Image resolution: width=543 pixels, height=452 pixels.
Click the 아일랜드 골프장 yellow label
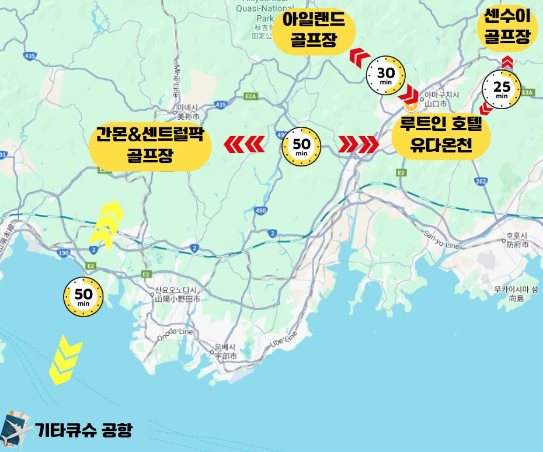pos(314,33)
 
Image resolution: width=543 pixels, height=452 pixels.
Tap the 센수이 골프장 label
pos(507,28)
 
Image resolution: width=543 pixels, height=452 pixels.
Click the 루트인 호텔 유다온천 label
pos(440,135)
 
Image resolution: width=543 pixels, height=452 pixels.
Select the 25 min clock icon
pos(502,89)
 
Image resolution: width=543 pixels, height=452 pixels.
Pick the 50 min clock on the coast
pos(83,297)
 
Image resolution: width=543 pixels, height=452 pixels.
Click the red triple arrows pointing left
pos(245,144)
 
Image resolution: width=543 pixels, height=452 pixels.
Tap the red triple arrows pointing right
pos(358,144)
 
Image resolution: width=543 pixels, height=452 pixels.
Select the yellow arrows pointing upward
pos(106,225)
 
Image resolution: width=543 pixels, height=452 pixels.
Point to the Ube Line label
pos(284,338)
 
